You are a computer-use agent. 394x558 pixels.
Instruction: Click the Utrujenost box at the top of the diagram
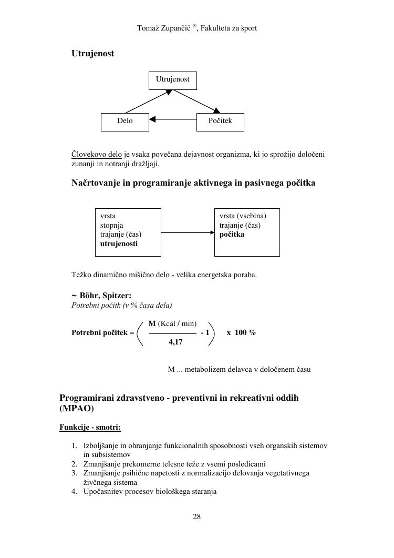coord(172,80)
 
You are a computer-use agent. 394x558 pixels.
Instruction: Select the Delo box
coord(125,121)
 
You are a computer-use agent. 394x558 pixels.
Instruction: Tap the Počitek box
coord(220,121)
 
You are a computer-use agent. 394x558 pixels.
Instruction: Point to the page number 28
coord(196,516)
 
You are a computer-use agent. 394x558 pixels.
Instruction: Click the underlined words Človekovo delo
coord(97,155)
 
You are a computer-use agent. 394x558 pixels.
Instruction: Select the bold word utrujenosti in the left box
coord(119,244)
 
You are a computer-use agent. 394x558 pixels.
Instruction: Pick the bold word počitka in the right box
coord(232,235)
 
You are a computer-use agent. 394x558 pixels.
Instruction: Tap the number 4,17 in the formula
coord(175,342)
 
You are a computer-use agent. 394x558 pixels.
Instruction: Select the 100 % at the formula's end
coord(245,332)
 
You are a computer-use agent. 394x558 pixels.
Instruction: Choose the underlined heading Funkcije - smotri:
coord(90,427)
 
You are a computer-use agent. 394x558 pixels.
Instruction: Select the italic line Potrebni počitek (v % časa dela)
coord(122,305)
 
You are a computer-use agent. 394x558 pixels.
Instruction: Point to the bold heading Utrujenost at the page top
coord(92,54)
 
